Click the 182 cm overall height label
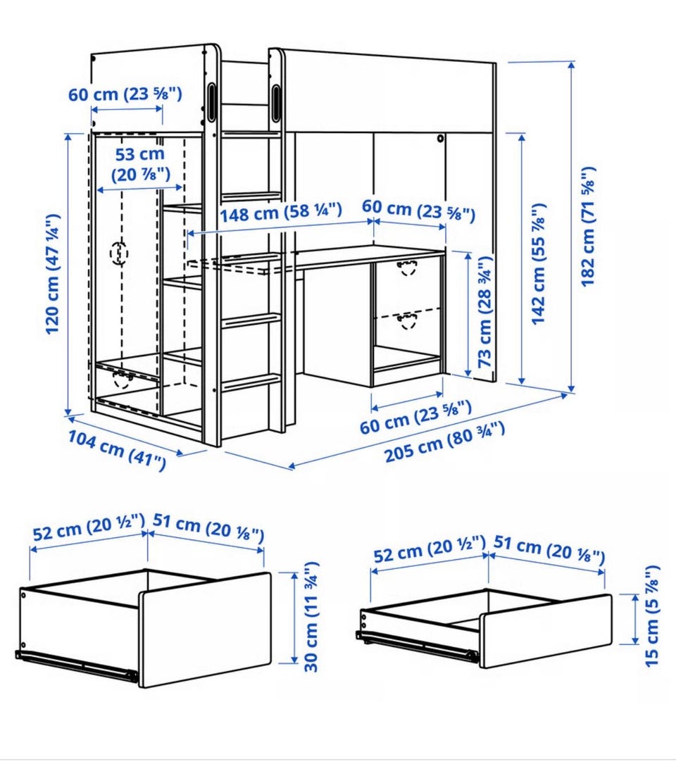pyautogui.click(x=588, y=227)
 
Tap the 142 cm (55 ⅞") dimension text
pyautogui.click(x=538, y=264)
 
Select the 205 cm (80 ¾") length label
pyautogui.click(x=444, y=443)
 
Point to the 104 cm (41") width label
pyautogui.click(x=117, y=450)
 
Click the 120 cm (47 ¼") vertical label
pyautogui.click(x=53, y=274)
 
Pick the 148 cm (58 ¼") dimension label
pyautogui.click(x=280, y=212)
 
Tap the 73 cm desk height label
pyautogui.click(x=484, y=312)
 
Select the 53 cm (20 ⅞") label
pyautogui.click(x=140, y=164)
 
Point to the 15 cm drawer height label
pyautogui.click(x=651, y=616)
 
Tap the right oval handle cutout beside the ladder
pyautogui.click(x=276, y=103)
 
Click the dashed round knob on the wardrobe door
pyautogui.click(x=119, y=253)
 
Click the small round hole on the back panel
pyautogui.click(x=441, y=139)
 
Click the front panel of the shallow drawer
pyautogui.click(x=546, y=631)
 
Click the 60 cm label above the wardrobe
pyautogui.click(x=125, y=94)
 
